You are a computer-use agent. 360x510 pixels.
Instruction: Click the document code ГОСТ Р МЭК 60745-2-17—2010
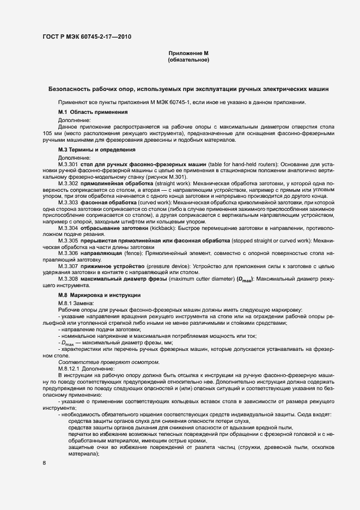87,37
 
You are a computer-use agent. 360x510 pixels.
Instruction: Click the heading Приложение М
188,53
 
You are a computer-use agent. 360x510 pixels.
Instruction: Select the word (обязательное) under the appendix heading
188,60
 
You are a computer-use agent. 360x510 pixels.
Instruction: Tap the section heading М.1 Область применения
93,112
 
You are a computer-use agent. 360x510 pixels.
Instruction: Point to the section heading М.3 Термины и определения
96,149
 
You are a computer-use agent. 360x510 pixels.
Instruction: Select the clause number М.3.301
69,164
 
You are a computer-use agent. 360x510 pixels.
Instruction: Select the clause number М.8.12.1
70,369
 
